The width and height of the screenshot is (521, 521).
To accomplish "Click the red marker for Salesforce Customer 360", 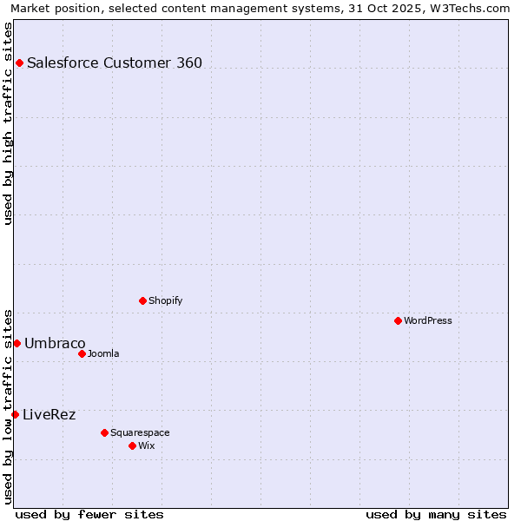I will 19,63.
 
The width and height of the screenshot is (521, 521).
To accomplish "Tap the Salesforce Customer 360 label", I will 115,63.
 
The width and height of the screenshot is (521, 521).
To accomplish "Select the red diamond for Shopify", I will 142,300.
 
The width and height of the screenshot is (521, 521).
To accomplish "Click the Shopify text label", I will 165,300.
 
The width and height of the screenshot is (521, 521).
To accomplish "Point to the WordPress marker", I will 398,320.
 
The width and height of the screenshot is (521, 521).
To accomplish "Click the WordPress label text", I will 427,320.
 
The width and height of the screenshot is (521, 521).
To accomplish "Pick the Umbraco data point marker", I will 16,343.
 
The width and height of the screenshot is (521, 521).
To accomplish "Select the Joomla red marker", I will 82,353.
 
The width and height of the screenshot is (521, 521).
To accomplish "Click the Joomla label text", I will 103,353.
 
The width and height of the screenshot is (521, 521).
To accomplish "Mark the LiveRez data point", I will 15,414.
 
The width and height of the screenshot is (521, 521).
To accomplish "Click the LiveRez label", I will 49,414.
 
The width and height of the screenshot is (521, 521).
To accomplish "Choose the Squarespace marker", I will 104,432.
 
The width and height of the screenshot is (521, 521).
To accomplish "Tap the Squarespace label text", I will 140,432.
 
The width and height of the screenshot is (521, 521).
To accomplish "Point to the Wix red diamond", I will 132,445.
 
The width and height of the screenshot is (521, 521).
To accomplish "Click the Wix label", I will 147,445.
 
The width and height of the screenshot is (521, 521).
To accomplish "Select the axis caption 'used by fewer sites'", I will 89,514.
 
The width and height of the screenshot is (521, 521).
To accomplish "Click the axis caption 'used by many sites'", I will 436,514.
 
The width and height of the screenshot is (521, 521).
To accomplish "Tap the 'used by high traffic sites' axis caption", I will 8,123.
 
